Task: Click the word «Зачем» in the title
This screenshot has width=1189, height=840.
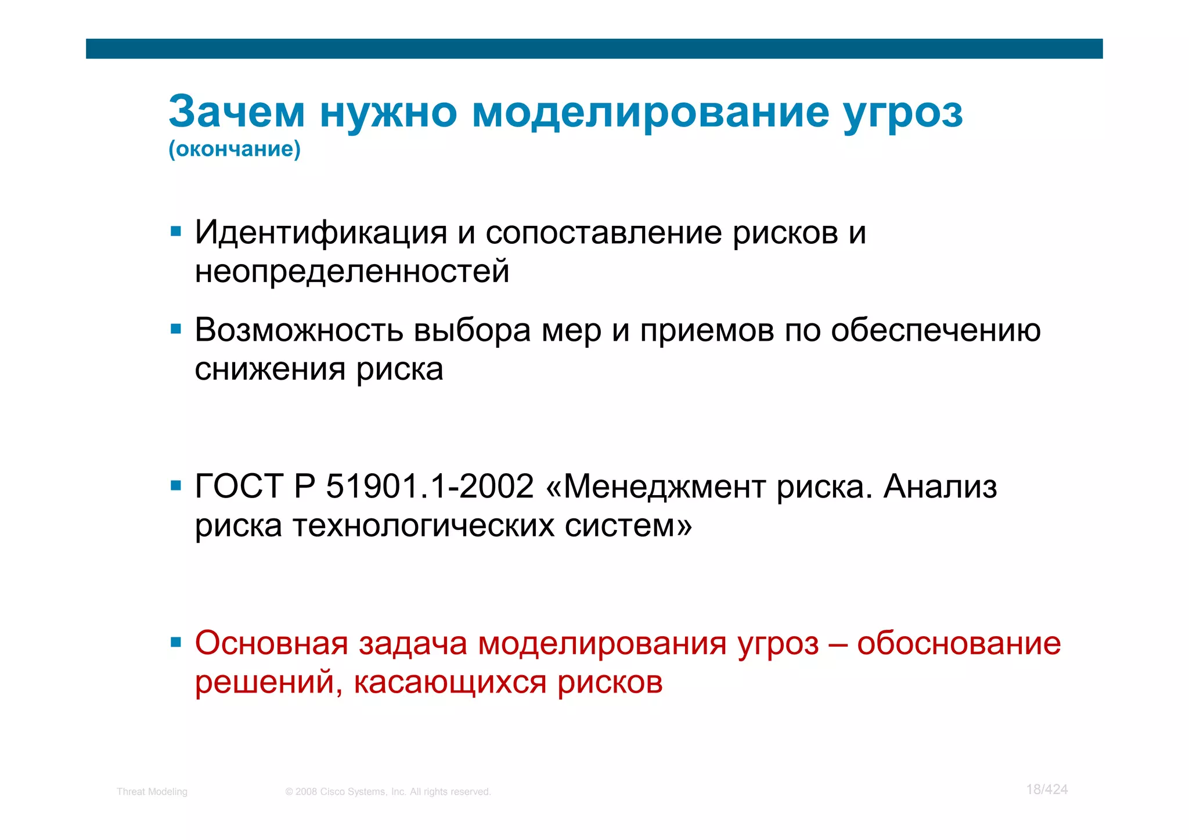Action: [236, 111]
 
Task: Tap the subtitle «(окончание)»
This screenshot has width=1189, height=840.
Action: [235, 149]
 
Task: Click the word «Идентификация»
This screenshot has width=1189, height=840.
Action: [321, 233]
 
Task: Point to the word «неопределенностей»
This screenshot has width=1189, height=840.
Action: [352, 272]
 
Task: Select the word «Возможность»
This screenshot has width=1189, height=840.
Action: [299, 330]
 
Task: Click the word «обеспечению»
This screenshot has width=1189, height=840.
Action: [935, 331]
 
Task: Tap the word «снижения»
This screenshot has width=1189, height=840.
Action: [270, 369]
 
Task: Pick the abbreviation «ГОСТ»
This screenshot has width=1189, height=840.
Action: [239, 486]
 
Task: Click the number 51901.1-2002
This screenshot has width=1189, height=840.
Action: [430, 486]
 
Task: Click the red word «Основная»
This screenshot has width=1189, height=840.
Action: [271, 643]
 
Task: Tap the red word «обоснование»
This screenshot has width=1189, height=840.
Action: [959, 643]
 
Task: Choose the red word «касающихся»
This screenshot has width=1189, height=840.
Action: [450, 682]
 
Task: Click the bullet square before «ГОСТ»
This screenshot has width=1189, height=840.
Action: [176, 485]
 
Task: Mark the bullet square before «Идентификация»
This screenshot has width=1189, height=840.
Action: [176, 232]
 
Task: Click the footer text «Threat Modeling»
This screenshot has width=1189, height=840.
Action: [152, 792]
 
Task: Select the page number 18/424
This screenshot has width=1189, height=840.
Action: [1047, 789]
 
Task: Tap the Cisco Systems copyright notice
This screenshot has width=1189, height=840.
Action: [388, 792]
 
